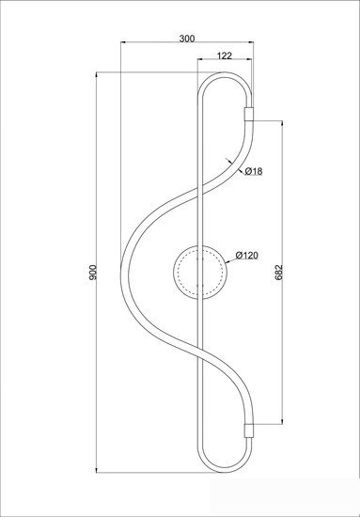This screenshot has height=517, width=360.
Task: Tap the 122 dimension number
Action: point(225,55)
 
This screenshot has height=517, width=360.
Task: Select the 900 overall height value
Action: point(91,273)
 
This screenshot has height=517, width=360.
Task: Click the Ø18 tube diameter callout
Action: point(251,171)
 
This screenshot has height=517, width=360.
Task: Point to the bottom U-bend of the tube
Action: point(226,470)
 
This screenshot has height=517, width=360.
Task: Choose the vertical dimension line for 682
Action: point(285,188)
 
